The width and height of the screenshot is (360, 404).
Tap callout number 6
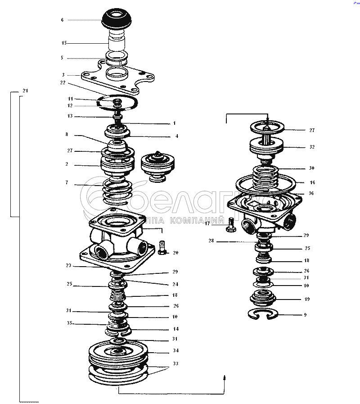pos(63,20)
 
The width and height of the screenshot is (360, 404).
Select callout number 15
pos(64,43)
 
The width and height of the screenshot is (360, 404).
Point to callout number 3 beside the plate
pos(63,75)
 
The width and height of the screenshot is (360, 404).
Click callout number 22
pos(63,83)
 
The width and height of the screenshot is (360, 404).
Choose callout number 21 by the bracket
pos(25,91)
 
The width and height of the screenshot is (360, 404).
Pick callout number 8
pos(67,134)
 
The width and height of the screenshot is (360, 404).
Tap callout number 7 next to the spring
pos(67,183)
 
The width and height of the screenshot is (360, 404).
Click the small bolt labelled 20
pos(163,247)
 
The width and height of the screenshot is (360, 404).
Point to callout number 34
pos(175,351)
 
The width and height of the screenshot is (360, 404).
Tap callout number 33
pos(175,363)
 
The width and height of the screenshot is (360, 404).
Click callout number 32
pos(311,147)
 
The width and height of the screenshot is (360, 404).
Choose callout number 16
pos(312,182)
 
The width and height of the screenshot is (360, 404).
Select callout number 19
pos(307,299)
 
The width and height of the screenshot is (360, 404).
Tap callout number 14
pos(175,329)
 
